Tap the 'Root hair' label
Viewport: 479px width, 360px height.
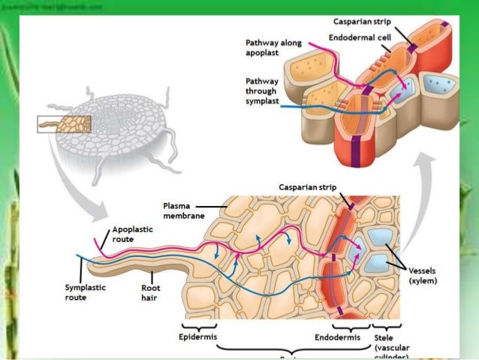(x=150, y=292)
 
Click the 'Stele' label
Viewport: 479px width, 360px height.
(x=382, y=337)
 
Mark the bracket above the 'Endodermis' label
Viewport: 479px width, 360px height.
(x=350, y=325)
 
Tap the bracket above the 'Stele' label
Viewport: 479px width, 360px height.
(x=386, y=325)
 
